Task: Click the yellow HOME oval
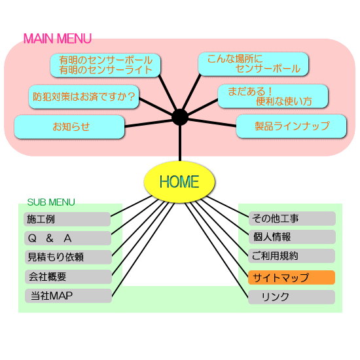coord(179,182)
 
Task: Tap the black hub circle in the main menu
coord(180,117)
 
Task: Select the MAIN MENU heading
coord(58,39)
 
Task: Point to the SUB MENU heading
coord(51,202)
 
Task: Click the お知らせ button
coord(69,127)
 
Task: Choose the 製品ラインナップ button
coord(291,126)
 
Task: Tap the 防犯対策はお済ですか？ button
coord(84,97)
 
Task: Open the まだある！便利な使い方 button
coord(273,96)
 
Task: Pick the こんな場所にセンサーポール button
coord(253,64)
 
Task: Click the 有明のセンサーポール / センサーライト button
coord(105,65)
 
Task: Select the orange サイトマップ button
coord(291,278)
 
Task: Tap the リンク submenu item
coord(291,297)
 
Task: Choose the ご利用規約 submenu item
coord(291,256)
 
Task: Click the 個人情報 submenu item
coord(292,237)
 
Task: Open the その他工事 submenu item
coord(292,219)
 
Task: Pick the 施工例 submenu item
coord(67,219)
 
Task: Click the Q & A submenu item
coord(67,238)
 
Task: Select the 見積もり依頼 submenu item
coord(68,257)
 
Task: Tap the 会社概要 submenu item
coord(68,277)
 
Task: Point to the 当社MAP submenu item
coord(68,296)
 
